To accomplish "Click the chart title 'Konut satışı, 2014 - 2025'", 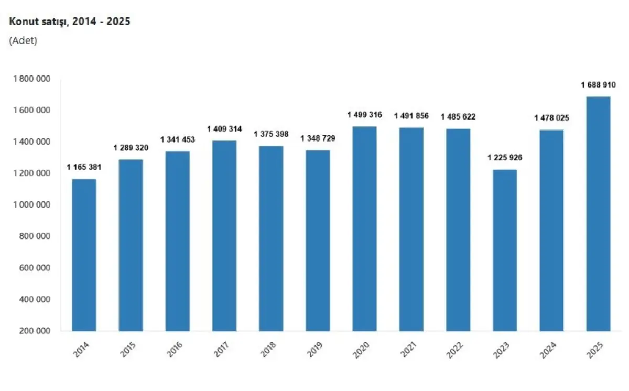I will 69,21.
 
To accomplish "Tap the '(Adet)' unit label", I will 23,41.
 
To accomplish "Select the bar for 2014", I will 84,255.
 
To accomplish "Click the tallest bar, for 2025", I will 598,214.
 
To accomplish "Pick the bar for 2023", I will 505,250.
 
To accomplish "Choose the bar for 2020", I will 364,229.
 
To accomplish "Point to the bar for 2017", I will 224,236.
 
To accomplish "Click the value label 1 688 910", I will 598,85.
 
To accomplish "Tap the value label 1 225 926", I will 505,158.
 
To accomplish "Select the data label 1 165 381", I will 84,167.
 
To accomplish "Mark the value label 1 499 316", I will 364,115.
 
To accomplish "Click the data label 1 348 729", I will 318,138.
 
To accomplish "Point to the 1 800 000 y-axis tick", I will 32,79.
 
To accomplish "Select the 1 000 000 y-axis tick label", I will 32,205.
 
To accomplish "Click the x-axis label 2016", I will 175,350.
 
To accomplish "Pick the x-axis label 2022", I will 455,350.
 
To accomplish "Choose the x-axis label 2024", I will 548,350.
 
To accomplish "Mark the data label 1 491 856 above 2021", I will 411,116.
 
